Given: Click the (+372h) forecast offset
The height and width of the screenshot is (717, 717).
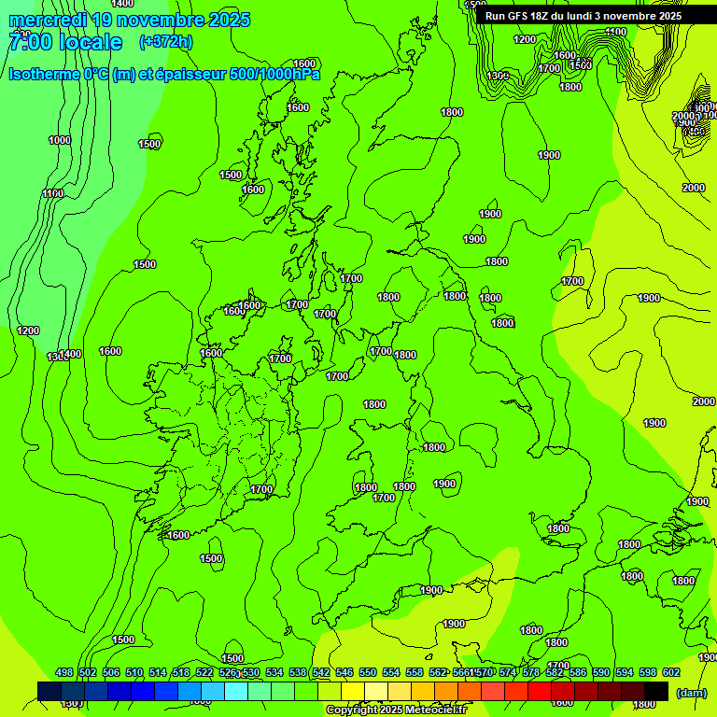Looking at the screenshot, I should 165,42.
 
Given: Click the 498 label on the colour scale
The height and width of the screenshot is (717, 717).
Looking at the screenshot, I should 64,672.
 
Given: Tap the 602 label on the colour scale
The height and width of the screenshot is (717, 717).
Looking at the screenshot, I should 671,672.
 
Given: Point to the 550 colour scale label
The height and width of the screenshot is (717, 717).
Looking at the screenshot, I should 368,672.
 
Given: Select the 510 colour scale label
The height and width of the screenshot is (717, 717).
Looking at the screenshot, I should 134,672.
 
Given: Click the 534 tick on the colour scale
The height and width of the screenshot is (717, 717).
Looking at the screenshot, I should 274,672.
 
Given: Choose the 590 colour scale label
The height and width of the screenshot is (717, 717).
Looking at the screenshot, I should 601,672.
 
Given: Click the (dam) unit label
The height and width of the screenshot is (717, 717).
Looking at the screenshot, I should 691,693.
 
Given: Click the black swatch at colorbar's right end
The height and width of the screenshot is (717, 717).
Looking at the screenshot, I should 656,690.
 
